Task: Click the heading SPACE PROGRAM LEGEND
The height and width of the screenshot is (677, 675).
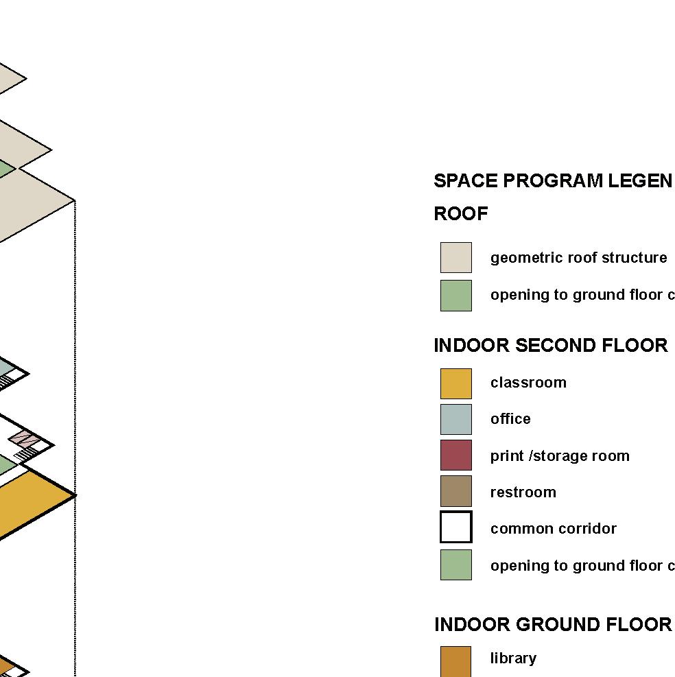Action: point(553,181)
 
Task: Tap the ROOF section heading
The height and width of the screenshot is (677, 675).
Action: point(461,214)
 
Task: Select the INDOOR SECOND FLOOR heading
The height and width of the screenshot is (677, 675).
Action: point(550,346)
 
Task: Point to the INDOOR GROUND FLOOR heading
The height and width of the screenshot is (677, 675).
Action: point(553,625)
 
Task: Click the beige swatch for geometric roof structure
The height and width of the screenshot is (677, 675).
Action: point(455,257)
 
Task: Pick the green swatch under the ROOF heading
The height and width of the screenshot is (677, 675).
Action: point(455,295)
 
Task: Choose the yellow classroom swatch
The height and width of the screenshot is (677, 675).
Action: point(455,383)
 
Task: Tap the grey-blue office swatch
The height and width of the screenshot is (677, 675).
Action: point(455,419)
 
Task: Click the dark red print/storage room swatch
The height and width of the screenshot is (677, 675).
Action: point(455,455)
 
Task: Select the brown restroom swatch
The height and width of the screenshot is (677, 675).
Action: point(455,491)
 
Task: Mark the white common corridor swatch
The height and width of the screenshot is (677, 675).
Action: point(455,527)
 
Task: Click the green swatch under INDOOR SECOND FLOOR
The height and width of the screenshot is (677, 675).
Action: point(455,565)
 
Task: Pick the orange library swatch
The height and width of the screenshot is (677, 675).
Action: point(455,661)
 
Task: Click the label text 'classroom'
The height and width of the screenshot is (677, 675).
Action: point(528,383)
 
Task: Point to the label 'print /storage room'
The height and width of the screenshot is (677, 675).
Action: point(559,456)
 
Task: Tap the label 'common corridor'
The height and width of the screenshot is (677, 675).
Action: point(553,529)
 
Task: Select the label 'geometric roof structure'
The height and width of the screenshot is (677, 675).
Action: point(578,258)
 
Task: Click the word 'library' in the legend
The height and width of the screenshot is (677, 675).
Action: point(513,658)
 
